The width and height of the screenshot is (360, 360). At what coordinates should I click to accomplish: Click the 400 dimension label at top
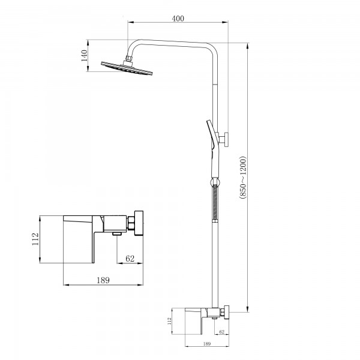[x=178, y=19]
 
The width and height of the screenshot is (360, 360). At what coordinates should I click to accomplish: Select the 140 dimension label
[x=84, y=56]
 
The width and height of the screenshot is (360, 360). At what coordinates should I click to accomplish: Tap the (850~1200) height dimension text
[x=242, y=177]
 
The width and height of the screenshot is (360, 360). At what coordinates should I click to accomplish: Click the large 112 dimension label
[x=35, y=239]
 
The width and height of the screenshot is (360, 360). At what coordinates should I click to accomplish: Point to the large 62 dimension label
[x=130, y=259]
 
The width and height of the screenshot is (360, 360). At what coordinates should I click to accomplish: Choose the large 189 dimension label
[x=103, y=280]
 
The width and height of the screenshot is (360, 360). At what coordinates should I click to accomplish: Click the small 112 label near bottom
[x=169, y=321]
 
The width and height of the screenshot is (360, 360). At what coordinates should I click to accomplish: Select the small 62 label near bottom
[x=222, y=332]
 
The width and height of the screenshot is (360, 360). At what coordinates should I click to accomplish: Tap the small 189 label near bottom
[x=207, y=344]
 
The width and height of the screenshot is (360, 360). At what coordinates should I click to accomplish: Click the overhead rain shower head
[x=127, y=68]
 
